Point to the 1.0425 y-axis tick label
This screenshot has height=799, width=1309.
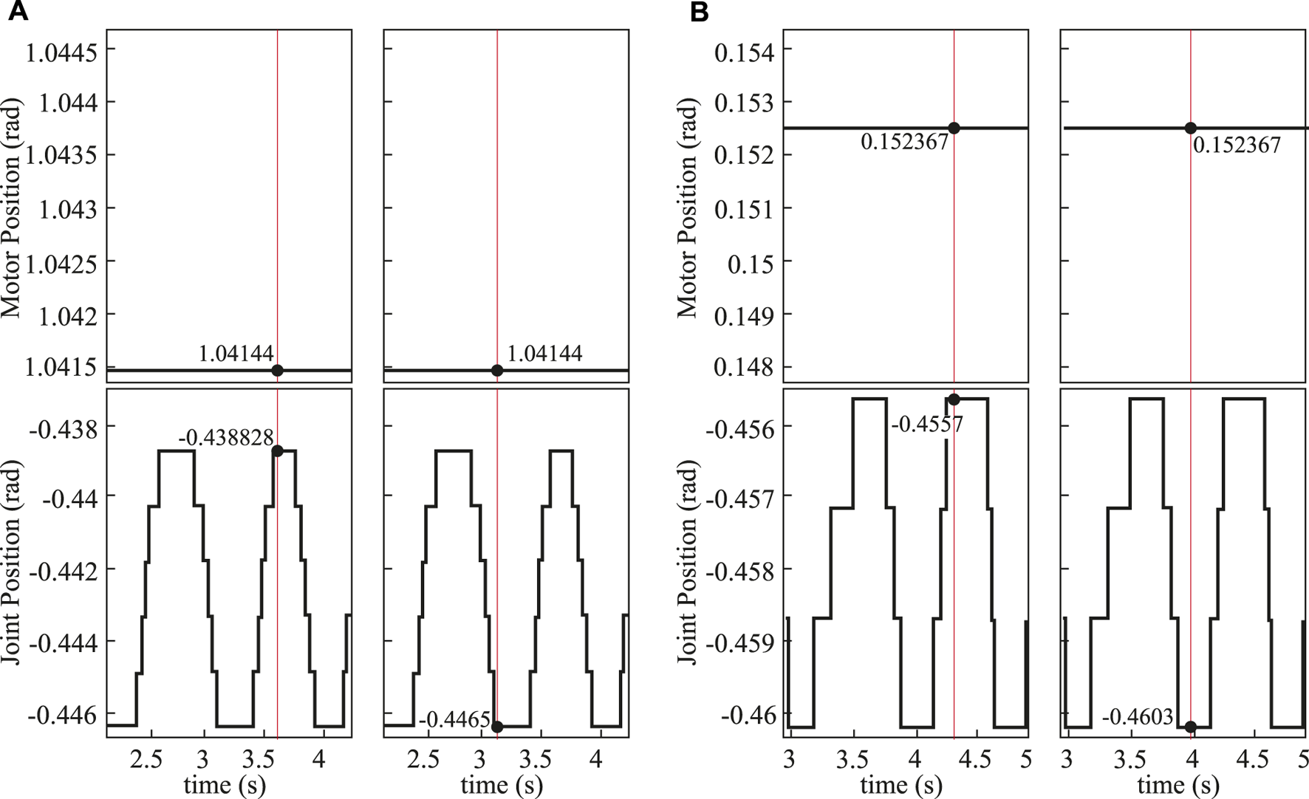(x=63, y=263)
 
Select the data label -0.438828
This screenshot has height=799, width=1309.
(x=226, y=437)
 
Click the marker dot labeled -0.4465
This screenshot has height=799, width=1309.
(x=497, y=727)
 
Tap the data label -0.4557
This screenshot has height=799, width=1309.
(x=927, y=425)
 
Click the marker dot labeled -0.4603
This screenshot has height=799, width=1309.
(x=1190, y=727)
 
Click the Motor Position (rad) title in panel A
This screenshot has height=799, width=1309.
(x=13, y=208)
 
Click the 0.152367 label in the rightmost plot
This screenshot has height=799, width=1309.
(x=1237, y=145)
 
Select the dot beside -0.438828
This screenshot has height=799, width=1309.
(x=278, y=451)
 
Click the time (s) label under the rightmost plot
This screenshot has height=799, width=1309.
(x=1177, y=784)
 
